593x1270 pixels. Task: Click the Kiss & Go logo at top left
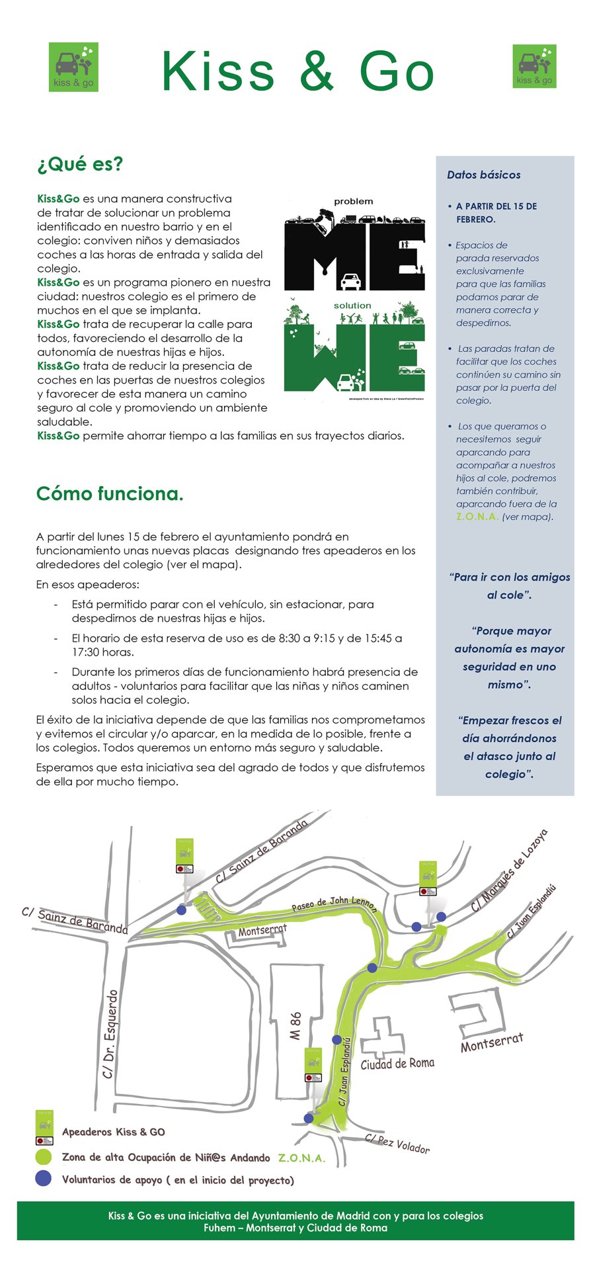(x=73, y=67)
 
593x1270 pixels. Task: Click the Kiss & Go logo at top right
(x=535, y=66)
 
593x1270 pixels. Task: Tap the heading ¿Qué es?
(x=80, y=164)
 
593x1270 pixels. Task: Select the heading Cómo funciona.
(x=110, y=493)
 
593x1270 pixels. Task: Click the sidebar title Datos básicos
(x=483, y=175)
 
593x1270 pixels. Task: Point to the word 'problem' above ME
(x=353, y=201)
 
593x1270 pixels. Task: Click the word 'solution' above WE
(x=352, y=306)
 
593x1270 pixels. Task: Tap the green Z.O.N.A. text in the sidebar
(x=477, y=517)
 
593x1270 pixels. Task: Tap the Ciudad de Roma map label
(x=397, y=1063)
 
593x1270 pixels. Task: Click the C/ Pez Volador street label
(x=397, y=1143)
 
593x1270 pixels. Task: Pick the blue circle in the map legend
(x=43, y=1178)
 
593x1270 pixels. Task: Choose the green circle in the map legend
(x=43, y=1157)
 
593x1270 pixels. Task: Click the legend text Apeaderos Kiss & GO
(x=113, y=1132)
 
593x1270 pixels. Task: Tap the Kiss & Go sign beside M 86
(x=313, y=1064)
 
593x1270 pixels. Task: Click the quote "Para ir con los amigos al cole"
(x=509, y=586)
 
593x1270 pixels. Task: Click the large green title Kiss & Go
(x=297, y=71)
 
